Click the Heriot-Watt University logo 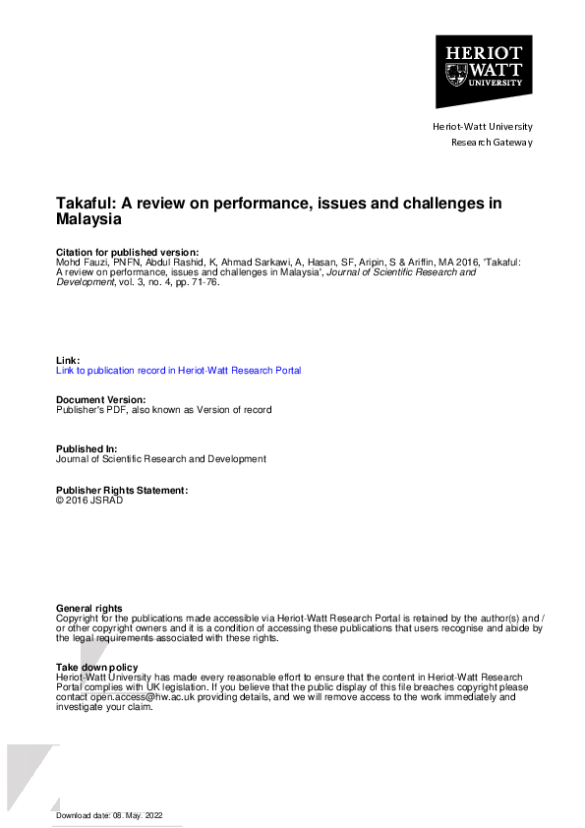(483, 71)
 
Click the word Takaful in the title (87, 204)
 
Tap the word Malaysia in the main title (90, 221)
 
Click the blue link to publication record (178, 371)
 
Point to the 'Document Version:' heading (100, 399)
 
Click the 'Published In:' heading (88, 448)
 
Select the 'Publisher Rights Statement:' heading (121, 490)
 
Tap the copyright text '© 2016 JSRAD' (89, 500)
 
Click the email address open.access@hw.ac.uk (140, 697)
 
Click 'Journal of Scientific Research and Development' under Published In (160, 459)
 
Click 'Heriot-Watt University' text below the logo (482, 126)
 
